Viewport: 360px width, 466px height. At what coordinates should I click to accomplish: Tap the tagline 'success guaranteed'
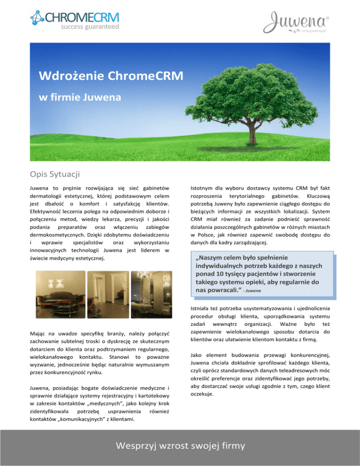(90, 28)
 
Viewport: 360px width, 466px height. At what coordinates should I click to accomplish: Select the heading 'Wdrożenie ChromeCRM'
(92, 75)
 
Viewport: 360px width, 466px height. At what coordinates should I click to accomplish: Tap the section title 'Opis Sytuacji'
(54, 174)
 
